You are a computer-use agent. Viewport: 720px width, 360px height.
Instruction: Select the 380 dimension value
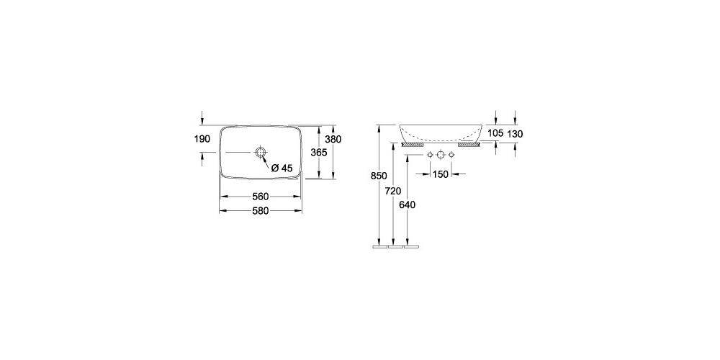click(x=332, y=138)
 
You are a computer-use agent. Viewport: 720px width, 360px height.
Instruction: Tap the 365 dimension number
click(x=319, y=153)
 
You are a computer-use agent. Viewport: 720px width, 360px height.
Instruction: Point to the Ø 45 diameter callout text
click(x=282, y=168)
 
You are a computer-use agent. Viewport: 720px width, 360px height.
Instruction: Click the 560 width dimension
click(x=260, y=197)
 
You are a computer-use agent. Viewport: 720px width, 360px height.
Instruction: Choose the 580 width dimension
click(x=260, y=211)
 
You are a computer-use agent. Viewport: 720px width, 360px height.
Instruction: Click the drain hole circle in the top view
click(x=260, y=153)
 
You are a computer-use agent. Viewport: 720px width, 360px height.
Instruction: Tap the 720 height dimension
click(x=392, y=191)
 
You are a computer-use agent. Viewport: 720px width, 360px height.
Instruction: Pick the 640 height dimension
click(x=407, y=204)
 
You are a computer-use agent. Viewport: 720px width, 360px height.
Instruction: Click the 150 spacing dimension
click(x=440, y=174)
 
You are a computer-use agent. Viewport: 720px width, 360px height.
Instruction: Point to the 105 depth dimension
click(x=495, y=133)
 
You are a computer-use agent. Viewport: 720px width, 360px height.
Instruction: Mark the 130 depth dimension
click(x=514, y=133)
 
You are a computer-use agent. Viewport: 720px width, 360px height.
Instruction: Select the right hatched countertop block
click(x=469, y=144)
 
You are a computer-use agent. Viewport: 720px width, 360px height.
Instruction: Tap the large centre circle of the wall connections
click(x=441, y=156)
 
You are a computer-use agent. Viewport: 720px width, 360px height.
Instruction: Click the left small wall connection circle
click(x=430, y=156)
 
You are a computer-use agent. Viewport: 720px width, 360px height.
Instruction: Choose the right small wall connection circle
click(x=451, y=156)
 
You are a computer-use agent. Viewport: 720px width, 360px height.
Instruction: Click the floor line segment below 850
click(x=379, y=246)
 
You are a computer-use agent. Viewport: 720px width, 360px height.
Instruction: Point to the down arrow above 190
click(x=202, y=118)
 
